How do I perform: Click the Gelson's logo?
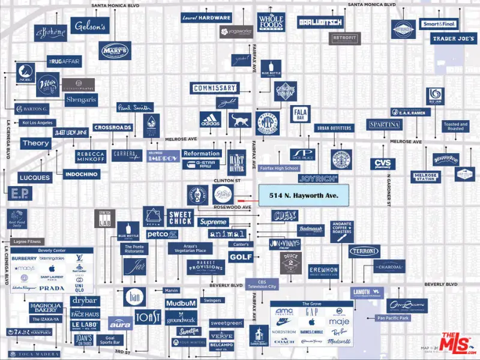coord(90,26)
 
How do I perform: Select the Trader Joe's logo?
coord(455,39)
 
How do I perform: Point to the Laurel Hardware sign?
coord(206,18)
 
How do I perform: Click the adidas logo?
coord(211,119)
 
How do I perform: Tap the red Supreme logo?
coord(213,223)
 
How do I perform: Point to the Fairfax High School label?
coord(279,169)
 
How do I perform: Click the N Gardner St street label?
coord(389,191)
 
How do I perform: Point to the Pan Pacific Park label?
coord(392,317)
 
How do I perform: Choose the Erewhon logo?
coord(323,271)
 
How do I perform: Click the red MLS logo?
coord(455,343)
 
